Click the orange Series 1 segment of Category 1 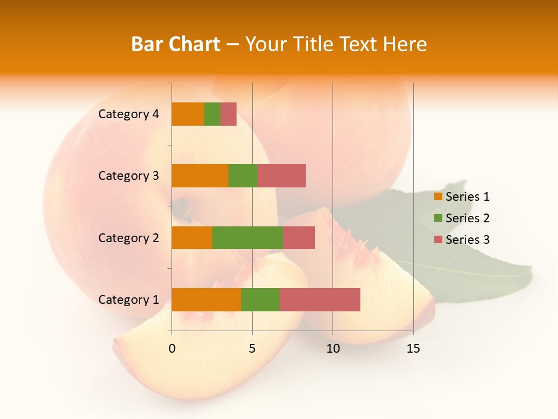(x=206, y=300)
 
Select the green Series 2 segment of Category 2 (x=248, y=237)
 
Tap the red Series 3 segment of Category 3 (x=281, y=176)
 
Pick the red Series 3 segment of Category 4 (x=228, y=114)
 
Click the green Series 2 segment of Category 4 (x=212, y=114)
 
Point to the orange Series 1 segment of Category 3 (x=200, y=176)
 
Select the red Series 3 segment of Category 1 (x=320, y=300)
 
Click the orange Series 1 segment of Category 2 (x=192, y=237)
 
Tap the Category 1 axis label (x=128, y=300)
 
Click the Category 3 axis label (x=128, y=176)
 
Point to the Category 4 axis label (x=128, y=114)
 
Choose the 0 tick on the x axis (x=172, y=349)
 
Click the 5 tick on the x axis (x=252, y=349)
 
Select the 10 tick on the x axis (x=332, y=349)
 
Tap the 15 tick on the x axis (x=413, y=349)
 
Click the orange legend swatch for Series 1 (x=438, y=197)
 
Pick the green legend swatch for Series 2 (x=438, y=218)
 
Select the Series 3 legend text (x=467, y=240)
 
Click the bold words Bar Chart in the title (x=176, y=44)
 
